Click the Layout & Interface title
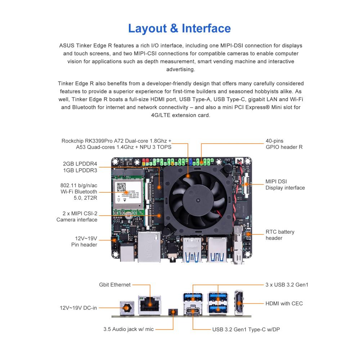pos(179,28)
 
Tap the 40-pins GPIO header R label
pos(284,144)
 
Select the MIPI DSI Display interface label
pos(285,185)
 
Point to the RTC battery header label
pos(280,235)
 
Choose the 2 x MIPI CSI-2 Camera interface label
pos(77,216)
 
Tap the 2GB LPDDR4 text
pos(80,164)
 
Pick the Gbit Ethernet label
pos(115,285)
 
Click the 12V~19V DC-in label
pos(78,308)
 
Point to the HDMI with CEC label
pos(284,303)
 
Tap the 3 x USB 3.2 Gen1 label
pos(287,285)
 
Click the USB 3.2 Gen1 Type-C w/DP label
pos(246,329)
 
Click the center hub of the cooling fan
pos(198,199)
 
